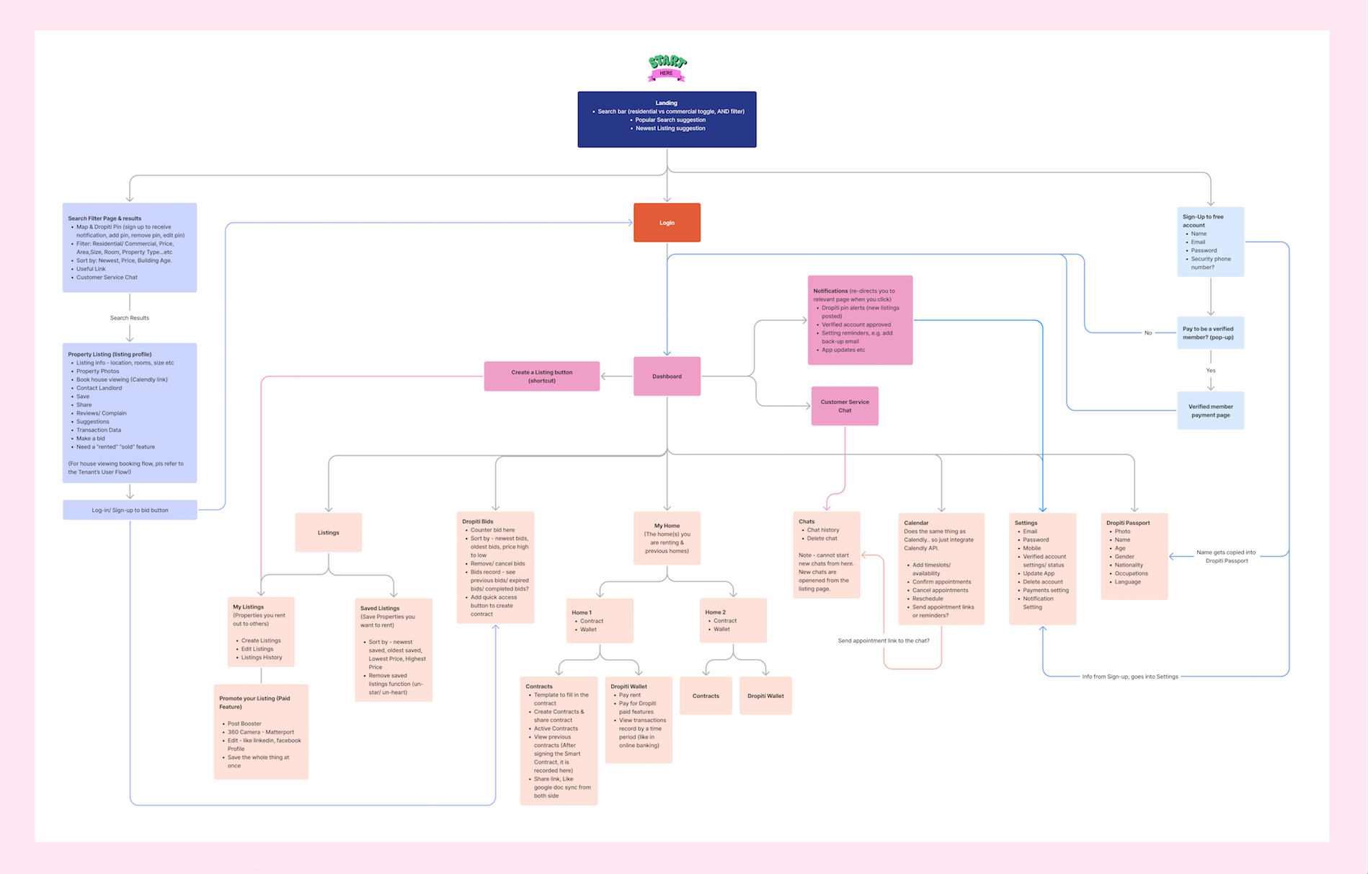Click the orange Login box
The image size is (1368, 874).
tap(667, 223)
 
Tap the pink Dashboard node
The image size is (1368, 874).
tap(667, 376)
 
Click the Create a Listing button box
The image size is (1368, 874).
tap(541, 376)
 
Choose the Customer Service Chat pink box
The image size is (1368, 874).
tap(845, 406)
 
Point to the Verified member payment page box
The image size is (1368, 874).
tap(1210, 411)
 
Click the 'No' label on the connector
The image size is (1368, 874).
tap(1148, 333)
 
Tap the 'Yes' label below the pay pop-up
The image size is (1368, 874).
tap(1211, 371)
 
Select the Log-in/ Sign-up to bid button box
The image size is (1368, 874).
tap(130, 510)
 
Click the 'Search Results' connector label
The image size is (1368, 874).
tap(130, 318)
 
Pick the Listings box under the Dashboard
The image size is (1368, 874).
tap(329, 532)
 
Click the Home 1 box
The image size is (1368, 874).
tap(600, 621)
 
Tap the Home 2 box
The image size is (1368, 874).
tap(733, 621)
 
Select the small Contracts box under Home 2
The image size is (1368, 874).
tap(706, 696)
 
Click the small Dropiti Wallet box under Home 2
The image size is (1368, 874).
tap(765, 696)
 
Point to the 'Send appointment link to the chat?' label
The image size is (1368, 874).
tap(884, 641)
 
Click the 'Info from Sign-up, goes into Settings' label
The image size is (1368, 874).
tap(1129, 676)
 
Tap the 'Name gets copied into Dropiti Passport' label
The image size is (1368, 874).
tap(1226, 557)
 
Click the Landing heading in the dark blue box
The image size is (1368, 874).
tap(666, 103)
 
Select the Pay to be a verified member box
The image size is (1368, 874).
tap(1210, 333)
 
